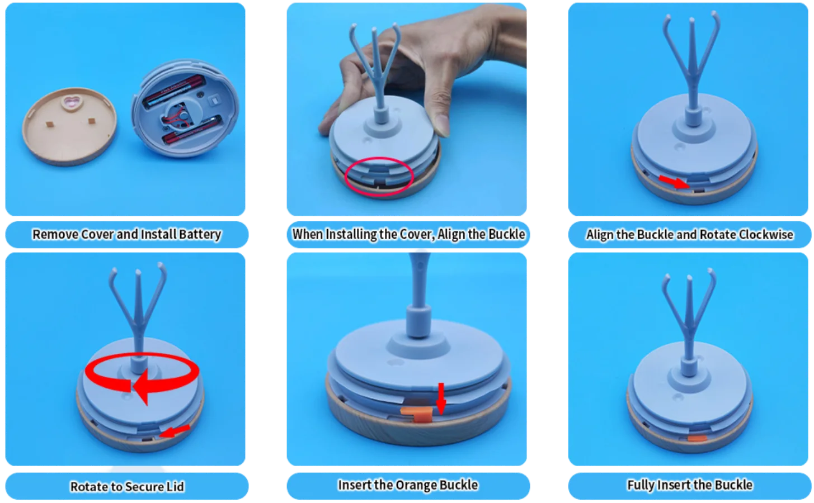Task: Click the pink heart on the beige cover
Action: click(72, 102)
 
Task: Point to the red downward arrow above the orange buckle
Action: click(441, 398)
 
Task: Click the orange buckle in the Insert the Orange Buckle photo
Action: click(418, 414)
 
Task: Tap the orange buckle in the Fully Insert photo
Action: click(697, 438)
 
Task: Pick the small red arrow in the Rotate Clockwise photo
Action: click(674, 182)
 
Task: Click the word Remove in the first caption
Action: click(55, 234)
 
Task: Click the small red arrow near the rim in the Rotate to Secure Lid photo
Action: click(175, 431)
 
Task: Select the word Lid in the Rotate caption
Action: click(176, 487)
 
